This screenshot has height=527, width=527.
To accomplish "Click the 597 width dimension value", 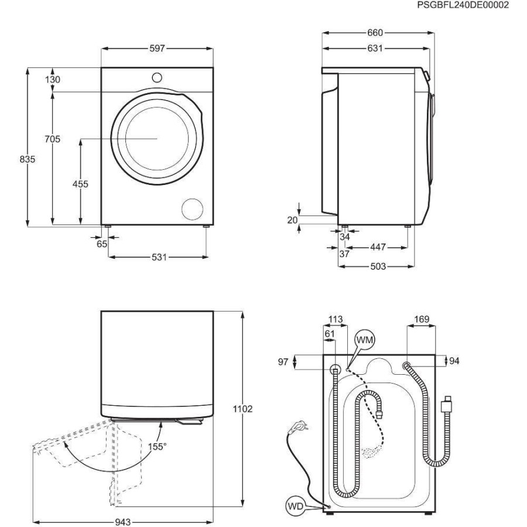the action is pos(157,49).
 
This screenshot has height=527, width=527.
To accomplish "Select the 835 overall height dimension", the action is pos(27,159).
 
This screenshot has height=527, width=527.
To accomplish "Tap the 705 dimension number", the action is pos(53,139).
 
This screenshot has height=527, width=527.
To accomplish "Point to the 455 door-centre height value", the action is pos(80,184).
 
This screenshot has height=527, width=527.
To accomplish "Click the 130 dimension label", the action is pos(53,80).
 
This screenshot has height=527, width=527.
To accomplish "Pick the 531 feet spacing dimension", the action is pos(159,257).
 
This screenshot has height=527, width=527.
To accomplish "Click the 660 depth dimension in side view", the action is pos(375,33).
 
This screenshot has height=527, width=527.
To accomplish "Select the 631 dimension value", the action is pos(375,49).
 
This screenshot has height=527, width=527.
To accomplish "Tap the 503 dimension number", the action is pos(378,266).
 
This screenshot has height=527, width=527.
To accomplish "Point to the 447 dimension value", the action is pos(378,247).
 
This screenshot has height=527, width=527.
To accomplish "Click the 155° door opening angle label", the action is pos(158,447).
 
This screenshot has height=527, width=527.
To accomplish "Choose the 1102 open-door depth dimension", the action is pos(242,409).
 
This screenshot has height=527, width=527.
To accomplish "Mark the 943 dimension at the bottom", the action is pos(123,522).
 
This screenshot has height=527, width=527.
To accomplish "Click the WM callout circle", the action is pos(365,340).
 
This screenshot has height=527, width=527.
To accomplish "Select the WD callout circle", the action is pos(296,506).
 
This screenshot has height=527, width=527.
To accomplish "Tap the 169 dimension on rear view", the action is pos(422,319).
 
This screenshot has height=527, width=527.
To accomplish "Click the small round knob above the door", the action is pos(157,78).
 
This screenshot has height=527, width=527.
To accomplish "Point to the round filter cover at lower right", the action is pos(192,209).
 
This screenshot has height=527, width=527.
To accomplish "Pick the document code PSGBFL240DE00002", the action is pos(463,5).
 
